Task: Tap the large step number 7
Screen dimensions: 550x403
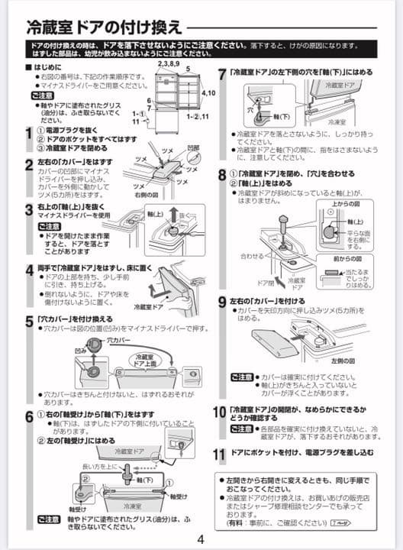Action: pyautogui.click(x=222, y=73)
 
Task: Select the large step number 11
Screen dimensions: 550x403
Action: pyautogui.click(x=219, y=454)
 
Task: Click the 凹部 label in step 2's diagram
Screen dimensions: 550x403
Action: pyautogui.click(x=192, y=147)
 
